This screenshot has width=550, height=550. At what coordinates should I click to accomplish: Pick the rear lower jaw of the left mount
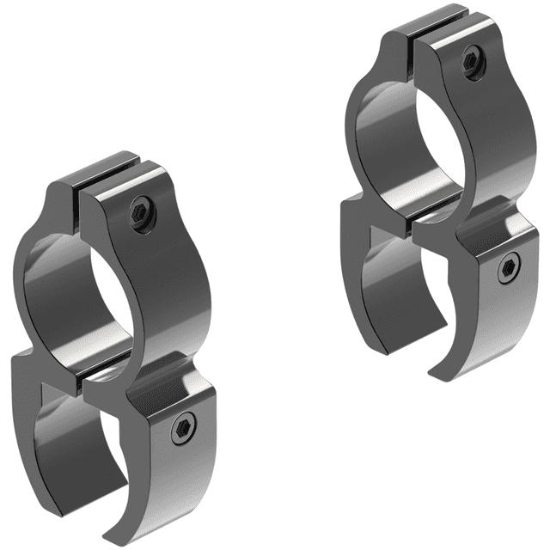[34, 430]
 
